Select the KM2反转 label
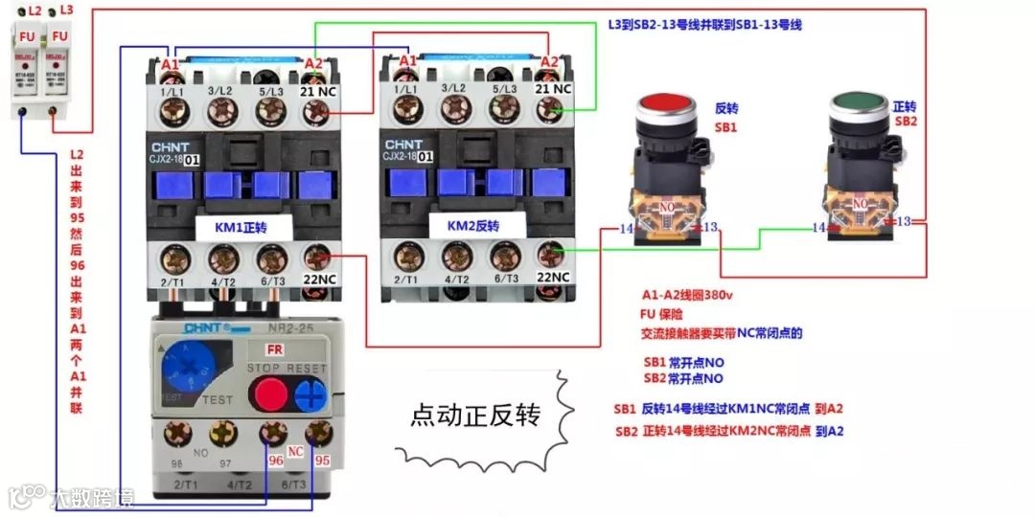pos(473,227)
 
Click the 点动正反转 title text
pos(475,416)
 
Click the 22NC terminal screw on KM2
pos(551,255)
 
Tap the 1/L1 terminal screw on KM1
pos(173,112)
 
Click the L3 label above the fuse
pos(66,10)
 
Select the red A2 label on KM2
pos(549,62)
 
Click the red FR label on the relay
pos(274,350)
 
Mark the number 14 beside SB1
pos(627,229)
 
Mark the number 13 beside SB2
pos(903,221)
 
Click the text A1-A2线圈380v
pos(687,295)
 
